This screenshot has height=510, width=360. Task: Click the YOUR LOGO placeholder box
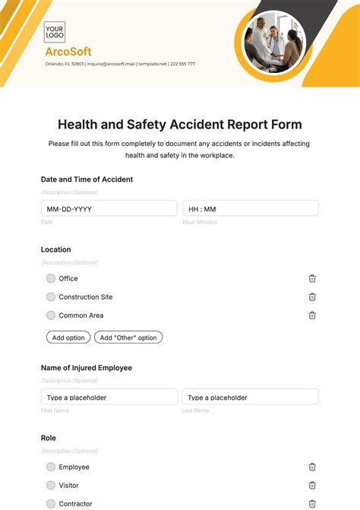(x=55, y=32)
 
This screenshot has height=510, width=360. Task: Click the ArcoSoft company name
(x=68, y=52)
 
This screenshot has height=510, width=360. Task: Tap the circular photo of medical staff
(x=273, y=43)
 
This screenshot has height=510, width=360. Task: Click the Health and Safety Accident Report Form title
(x=180, y=125)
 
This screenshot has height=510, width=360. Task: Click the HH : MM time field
(x=250, y=208)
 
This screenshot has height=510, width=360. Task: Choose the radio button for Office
(x=51, y=278)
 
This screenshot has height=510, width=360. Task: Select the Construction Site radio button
(x=51, y=296)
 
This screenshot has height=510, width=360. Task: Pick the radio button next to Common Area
(x=51, y=315)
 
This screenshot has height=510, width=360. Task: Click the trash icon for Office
(x=312, y=278)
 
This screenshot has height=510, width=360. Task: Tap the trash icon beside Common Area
(x=312, y=315)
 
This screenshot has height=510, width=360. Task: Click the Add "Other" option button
(x=128, y=337)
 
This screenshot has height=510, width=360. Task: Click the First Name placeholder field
(x=109, y=397)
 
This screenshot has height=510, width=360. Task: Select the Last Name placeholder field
(x=250, y=397)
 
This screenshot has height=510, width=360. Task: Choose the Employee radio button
(x=51, y=467)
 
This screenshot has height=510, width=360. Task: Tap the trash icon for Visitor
(x=312, y=485)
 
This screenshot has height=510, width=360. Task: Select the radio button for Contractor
(x=51, y=503)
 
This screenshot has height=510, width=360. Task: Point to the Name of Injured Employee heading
(x=86, y=368)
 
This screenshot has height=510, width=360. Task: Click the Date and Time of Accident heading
(x=87, y=179)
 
